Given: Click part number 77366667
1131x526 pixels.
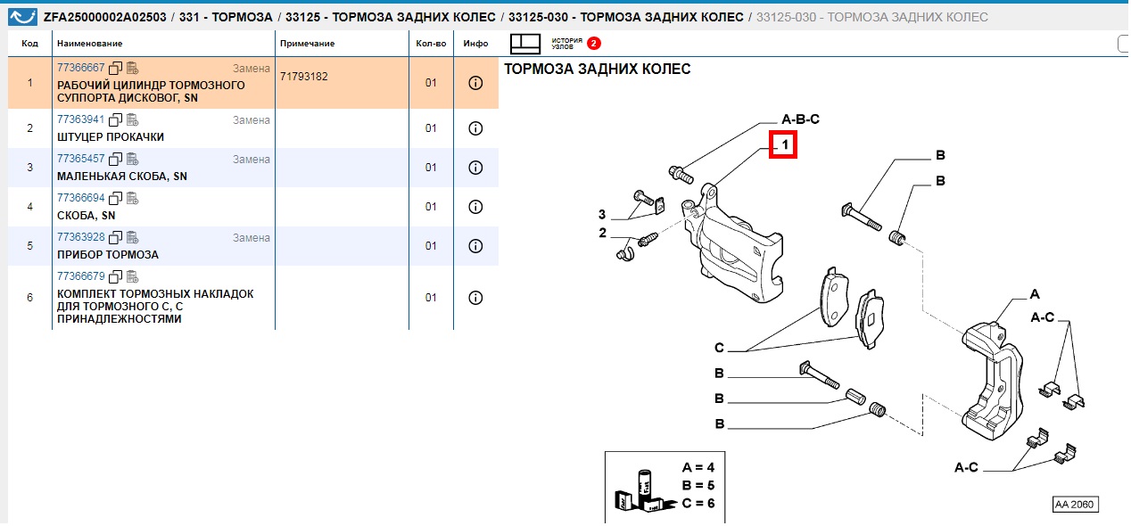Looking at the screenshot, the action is pos(81,68).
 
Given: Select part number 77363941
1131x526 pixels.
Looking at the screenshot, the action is pos(81,119).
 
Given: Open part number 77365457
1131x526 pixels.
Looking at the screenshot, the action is pos(81,159).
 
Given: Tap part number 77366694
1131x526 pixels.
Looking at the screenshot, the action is pos(81,198).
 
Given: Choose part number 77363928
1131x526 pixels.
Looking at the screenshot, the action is pos(81,237).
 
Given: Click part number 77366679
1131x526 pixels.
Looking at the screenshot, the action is pos(81,276).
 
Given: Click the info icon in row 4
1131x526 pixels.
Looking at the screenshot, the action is pos(475,207).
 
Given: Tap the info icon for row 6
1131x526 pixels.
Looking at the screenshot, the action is pos(475,298).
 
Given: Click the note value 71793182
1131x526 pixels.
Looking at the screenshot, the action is pos(304,77).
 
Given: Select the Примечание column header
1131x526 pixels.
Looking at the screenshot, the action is pos(308,44).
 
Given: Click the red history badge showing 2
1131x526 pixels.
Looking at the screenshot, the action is pos(594,44).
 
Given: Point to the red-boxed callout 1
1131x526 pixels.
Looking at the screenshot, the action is pos(783,145).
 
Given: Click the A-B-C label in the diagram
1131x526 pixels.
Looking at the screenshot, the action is pos(801,119).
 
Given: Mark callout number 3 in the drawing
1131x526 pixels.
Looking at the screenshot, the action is pos(602,215).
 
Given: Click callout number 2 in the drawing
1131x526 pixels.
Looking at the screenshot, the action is pos(602,234).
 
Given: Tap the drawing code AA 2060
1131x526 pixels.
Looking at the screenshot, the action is pos(1075,505).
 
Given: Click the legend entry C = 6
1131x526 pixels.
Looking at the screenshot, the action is pos(698,504).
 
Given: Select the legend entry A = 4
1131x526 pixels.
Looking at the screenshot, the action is pos(698,468).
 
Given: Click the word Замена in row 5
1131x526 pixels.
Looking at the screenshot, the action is pos(252,238).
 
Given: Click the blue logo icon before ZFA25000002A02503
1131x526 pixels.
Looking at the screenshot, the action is pos(22,17).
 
